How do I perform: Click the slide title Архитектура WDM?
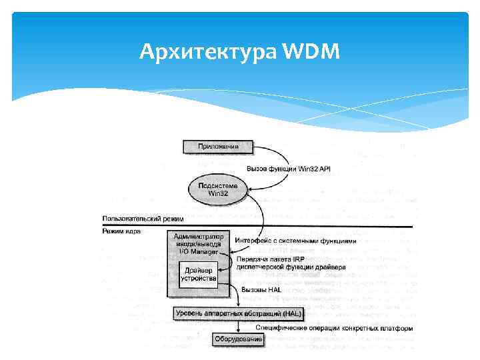click(x=240, y=50)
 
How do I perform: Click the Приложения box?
click(x=217, y=146)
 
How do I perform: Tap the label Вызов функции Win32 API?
click(x=288, y=169)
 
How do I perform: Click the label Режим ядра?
click(x=121, y=231)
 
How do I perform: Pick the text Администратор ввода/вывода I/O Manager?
click(x=199, y=243)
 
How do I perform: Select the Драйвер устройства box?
click(x=199, y=274)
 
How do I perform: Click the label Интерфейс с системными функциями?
click(x=295, y=241)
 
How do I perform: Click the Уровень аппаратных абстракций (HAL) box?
click(x=238, y=313)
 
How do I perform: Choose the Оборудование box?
click(x=238, y=340)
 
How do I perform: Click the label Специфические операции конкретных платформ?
click(x=333, y=328)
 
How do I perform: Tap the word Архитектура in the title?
click(x=209, y=50)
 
